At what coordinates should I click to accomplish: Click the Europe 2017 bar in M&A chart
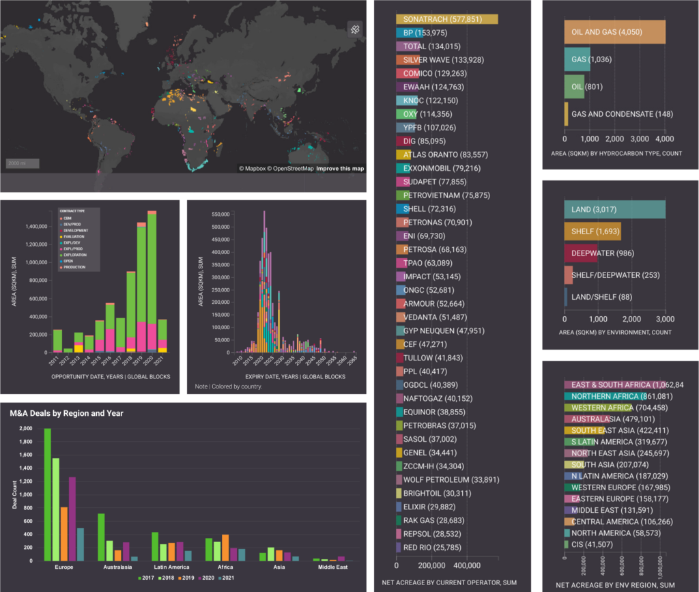[x=48, y=494]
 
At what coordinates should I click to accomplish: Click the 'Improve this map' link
[x=340, y=169]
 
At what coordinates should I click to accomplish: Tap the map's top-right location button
[x=354, y=29]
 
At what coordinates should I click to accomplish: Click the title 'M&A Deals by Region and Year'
[x=66, y=413]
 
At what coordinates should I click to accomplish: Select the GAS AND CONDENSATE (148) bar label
[x=622, y=114]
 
